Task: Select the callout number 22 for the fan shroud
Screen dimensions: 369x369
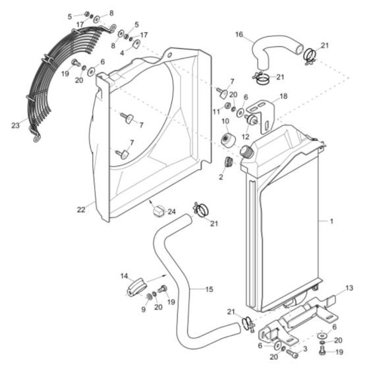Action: point(81,210)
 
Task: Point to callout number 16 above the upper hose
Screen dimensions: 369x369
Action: point(239,34)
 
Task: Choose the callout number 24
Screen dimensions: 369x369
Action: point(171,212)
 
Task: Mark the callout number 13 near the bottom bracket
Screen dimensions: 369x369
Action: point(349,288)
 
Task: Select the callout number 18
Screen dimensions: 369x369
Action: point(284,96)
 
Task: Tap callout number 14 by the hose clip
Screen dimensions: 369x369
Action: point(123,275)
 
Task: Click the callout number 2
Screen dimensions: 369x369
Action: point(221,177)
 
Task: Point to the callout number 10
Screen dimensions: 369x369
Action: point(225,122)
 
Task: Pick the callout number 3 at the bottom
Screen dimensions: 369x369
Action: point(304,349)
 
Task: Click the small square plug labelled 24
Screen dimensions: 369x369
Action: point(157,212)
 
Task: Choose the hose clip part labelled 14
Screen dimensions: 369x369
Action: point(135,288)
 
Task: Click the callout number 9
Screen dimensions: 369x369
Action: point(145,307)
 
